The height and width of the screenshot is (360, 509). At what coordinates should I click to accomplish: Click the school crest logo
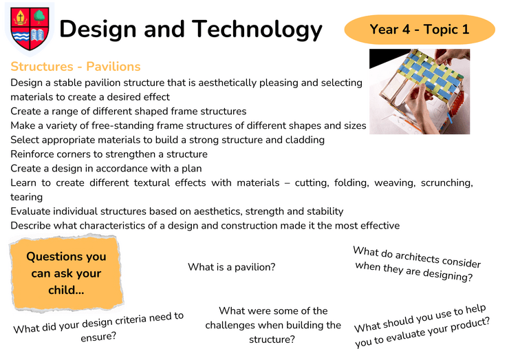[30, 29]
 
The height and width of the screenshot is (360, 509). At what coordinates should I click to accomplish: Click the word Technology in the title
[257, 30]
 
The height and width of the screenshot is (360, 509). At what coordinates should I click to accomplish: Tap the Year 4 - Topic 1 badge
[420, 29]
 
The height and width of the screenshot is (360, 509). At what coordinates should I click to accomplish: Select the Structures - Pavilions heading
[75, 67]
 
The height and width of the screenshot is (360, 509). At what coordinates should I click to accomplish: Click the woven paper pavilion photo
[420, 92]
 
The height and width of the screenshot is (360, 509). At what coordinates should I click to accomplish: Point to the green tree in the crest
[39, 17]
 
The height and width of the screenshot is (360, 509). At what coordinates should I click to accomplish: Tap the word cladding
[305, 140]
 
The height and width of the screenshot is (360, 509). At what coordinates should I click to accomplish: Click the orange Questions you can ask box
[66, 273]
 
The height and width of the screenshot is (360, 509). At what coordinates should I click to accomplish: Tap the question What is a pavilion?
[231, 267]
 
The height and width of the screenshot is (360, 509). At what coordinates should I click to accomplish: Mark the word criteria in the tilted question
[131, 321]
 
